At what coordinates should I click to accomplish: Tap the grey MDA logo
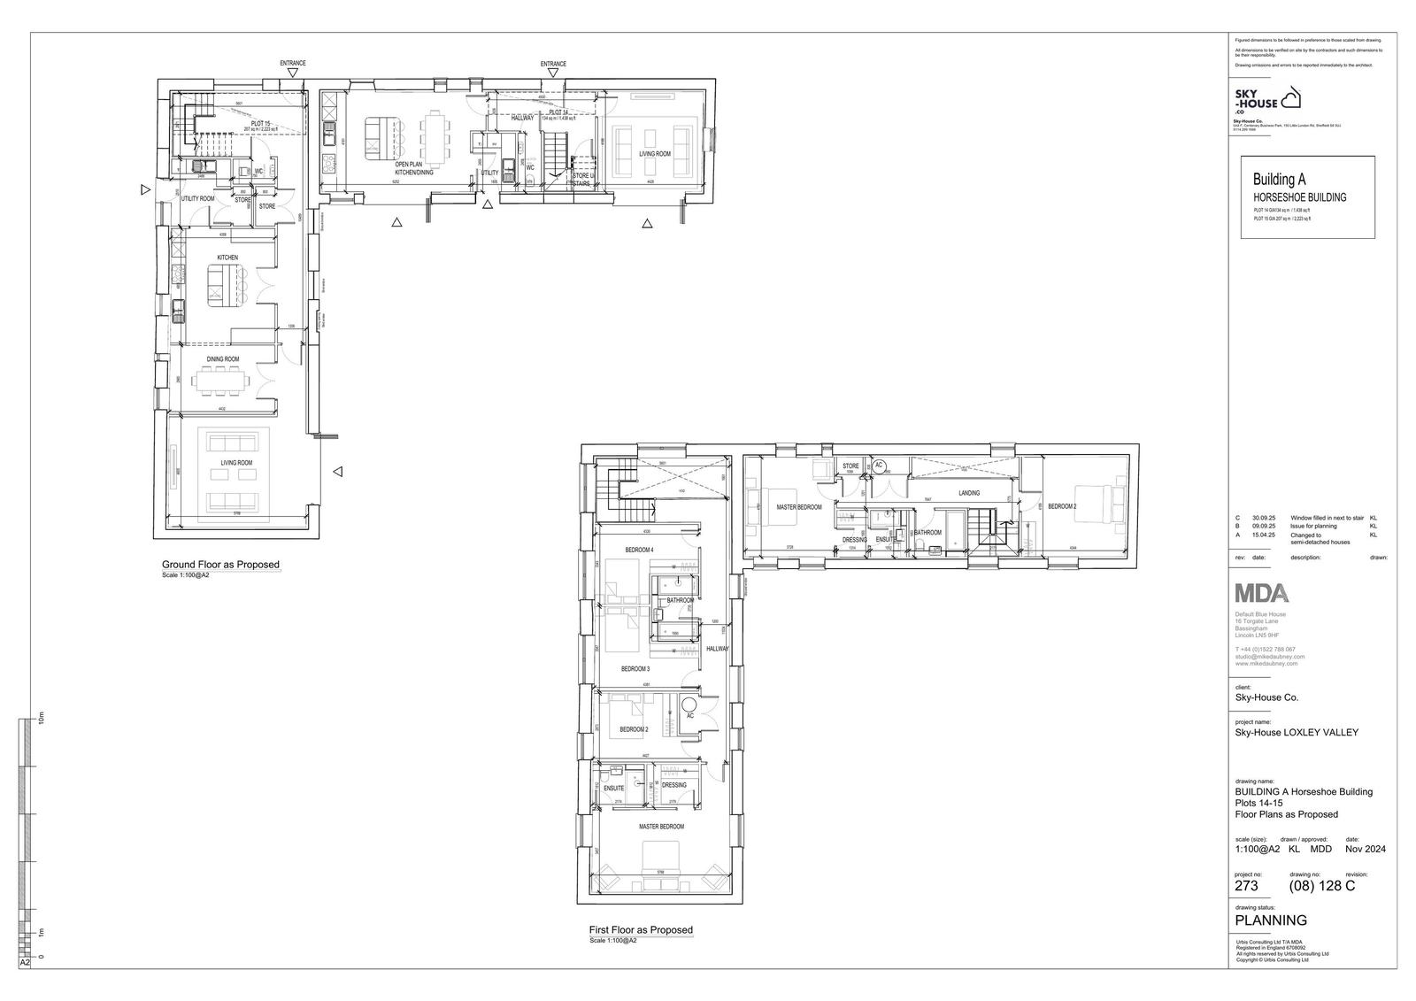[x=1262, y=593]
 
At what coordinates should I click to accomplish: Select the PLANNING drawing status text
[x=1271, y=920]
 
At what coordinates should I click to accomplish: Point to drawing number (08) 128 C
[x=1322, y=886]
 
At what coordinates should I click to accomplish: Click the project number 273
[x=1246, y=886]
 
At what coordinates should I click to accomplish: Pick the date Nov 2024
[x=1366, y=850]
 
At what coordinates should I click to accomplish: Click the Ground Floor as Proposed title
[x=220, y=565]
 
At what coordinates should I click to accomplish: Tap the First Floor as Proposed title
[x=641, y=930]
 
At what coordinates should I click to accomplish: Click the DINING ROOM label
[x=223, y=359]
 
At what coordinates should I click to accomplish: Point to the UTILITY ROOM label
[x=197, y=199]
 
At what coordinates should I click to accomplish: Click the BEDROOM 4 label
[x=638, y=551]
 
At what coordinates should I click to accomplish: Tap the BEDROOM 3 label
[x=635, y=669]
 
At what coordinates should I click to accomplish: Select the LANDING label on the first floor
[x=968, y=493]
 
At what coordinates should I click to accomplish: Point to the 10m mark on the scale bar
[x=40, y=719]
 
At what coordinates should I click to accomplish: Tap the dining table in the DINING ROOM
[x=222, y=381]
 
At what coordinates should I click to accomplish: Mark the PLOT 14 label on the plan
[x=558, y=113]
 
